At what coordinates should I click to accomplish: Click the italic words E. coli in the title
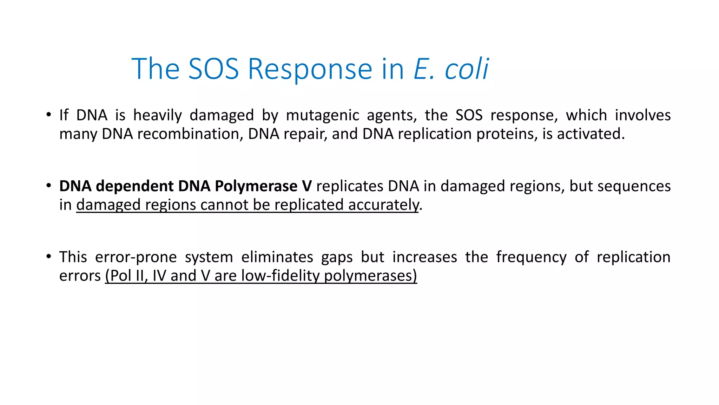[x=451, y=69]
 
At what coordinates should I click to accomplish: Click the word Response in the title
[x=310, y=69]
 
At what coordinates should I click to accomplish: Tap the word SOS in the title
[x=213, y=69]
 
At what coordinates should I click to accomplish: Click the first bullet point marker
[x=49, y=115]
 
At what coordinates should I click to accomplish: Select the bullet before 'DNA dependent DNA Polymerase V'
[x=49, y=186]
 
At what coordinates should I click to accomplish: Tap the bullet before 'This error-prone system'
[x=49, y=256]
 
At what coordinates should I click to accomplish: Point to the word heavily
[x=157, y=115]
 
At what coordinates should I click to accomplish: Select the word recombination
[x=190, y=134]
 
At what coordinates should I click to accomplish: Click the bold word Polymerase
[x=256, y=186]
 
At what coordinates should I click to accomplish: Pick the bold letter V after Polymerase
[x=306, y=186]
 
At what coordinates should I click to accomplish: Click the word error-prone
[x=136, y=257]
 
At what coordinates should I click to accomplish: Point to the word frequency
[x=531, y=257]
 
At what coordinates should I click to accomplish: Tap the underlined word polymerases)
[x=370, y=276]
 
